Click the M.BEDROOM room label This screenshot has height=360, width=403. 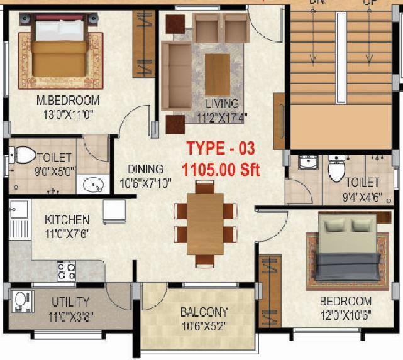coord(68,101)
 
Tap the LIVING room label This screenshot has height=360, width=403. coord(222,104)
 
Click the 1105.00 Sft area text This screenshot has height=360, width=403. coord(220,169)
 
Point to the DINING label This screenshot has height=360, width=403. coord(145,169)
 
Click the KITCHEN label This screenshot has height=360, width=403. coord(67,220)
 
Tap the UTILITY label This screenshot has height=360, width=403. coord(70,302)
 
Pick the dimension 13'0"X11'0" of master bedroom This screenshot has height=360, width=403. coord(68,114)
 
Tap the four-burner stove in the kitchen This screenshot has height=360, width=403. coord(67,271)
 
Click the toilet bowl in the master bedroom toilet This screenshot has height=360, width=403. coord(24,155)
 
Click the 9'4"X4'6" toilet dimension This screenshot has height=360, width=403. coord(362,196)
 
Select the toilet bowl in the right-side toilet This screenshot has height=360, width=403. coord(337,168)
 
